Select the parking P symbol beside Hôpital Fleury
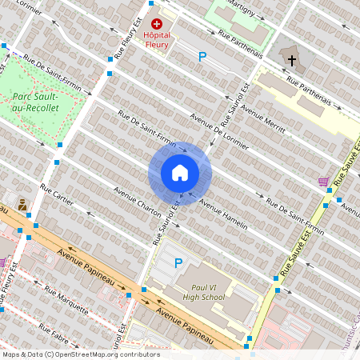(x=202, y=57)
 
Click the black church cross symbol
(x=292, y=60)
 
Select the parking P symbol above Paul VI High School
(x=178, y=262)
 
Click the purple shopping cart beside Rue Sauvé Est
(x=323, y=182)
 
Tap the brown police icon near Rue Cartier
(x=22, y=204)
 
